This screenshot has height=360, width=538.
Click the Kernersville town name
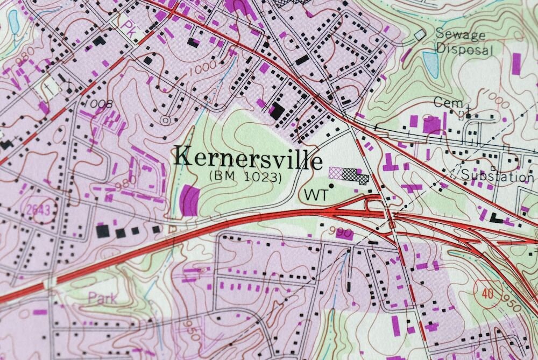(249, 158)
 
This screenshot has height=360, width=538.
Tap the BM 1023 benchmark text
(246, 176)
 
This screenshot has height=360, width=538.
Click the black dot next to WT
(331, 186)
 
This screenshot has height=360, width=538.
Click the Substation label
(498, 176)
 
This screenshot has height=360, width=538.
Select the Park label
(102, 298)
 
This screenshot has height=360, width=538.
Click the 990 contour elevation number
(344, 233)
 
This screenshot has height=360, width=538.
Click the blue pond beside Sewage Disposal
(430, 64)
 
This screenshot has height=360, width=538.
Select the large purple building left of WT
(189, 200)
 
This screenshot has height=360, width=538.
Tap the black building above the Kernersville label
(277, 111)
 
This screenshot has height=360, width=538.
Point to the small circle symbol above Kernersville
(165, 120)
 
